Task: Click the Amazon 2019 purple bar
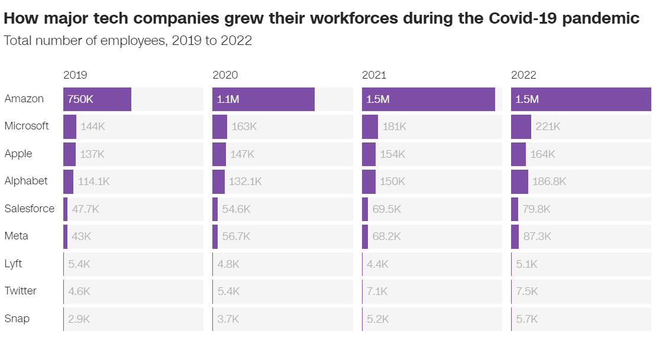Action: click(97, 99)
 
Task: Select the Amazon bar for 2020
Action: click(263, 99)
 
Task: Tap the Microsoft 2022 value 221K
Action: click(548, 127)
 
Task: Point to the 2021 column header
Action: click(374, 75)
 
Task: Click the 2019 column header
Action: click(75, 75)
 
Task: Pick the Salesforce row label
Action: click(29, 209)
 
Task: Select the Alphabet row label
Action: click(26, 181)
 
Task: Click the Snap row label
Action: click(17, 319)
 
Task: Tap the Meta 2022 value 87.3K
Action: click(537, 236)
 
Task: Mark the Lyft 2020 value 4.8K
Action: click(228, 264)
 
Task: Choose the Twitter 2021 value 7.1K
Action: click(377, 291)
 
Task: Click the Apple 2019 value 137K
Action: click(92, 154)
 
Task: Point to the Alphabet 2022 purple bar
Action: click(519, 181)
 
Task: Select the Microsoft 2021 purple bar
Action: click(370, 127)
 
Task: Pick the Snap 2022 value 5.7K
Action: click(526, 319)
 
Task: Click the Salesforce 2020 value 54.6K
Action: click(235, 209)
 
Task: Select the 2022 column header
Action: click(523, 75)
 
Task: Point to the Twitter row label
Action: click(20, 291)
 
